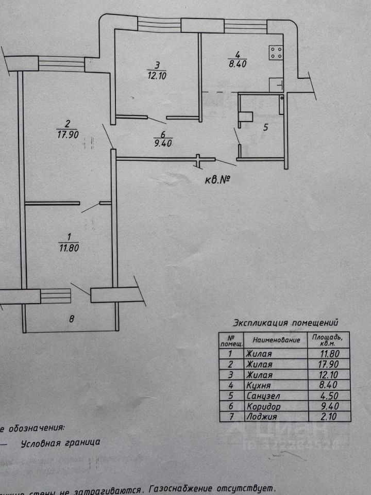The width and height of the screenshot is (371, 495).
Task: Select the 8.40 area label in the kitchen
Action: click(x=237, y=64)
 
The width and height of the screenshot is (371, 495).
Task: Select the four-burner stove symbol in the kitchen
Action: click(x=275, y=52)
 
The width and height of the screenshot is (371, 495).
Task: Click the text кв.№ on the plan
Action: click(x=215, y=180)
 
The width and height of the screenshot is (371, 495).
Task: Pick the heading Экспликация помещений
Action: click(x=285, y=323)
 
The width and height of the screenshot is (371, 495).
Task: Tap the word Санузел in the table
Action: click(x=262, y=395)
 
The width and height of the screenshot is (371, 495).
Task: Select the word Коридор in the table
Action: click(x=263, y=406)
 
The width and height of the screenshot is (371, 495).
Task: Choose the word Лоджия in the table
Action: click(x=261, y=417)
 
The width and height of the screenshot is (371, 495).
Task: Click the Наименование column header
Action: click(x=276, y=340)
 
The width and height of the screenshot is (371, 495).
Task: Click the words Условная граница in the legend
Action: click(x=60, y=442)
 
